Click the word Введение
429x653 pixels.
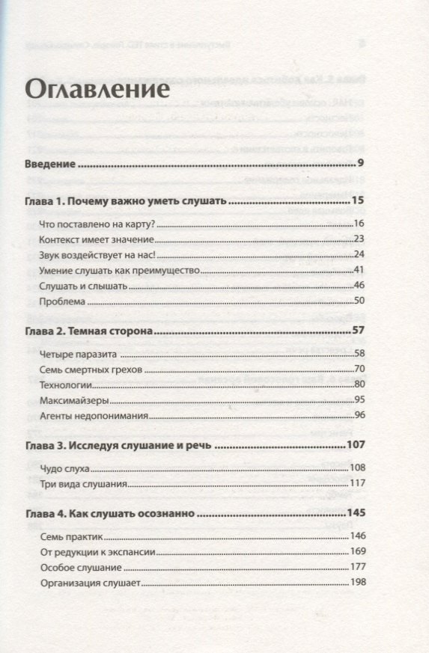[51, 163]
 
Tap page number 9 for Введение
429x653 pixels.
[360, 163]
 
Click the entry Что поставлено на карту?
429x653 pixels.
[98, 224]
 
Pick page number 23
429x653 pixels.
[358, 239]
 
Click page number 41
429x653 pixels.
[358, 270]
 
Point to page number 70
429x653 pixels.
[358, 370]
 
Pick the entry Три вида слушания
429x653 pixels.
[85, 484]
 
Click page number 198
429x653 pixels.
[356, 583]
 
